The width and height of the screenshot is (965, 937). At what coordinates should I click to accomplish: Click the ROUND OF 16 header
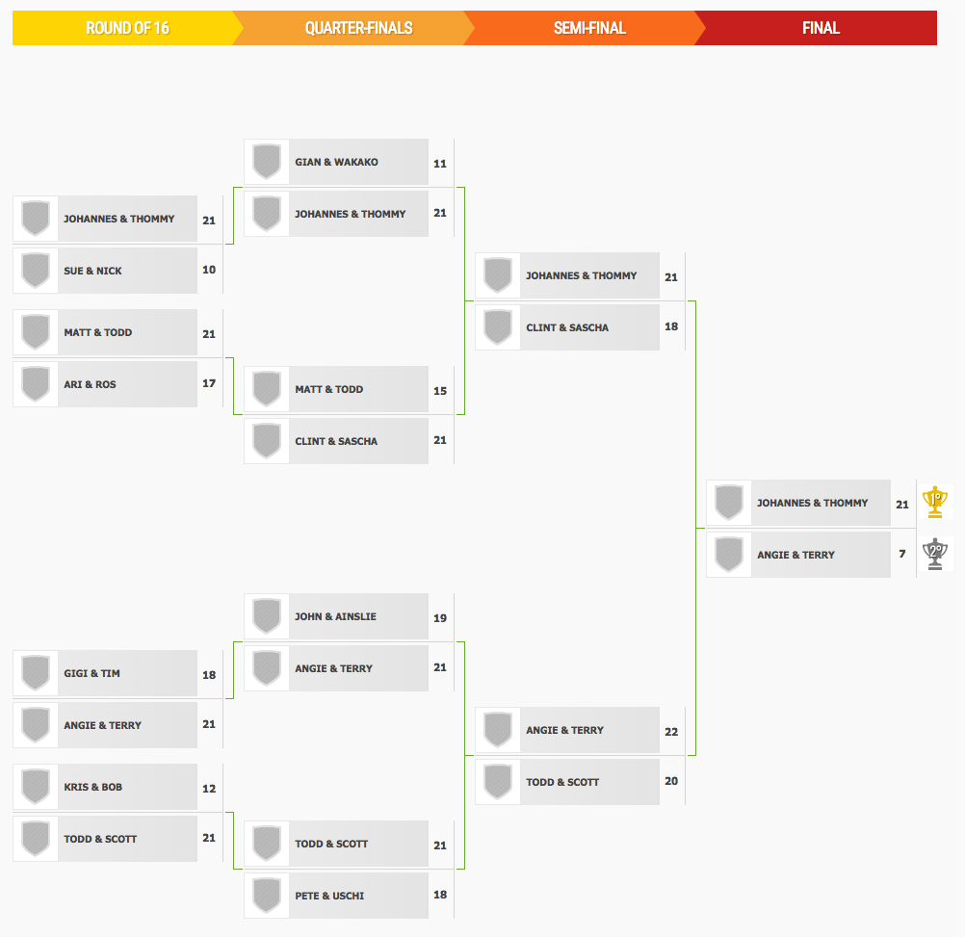point(127,28)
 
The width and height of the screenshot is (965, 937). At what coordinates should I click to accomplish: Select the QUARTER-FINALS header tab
point(359,28)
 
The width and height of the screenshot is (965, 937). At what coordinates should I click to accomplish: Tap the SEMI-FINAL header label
point(589,28)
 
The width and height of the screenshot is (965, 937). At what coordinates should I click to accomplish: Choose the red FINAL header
point(821,28)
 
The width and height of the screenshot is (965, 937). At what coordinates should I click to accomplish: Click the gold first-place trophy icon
point(935,502)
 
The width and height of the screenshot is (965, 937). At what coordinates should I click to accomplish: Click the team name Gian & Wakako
point(337,162)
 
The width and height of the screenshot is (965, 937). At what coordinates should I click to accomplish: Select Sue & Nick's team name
point(92,271)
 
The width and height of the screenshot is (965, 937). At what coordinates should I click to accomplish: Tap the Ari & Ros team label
point(90,384)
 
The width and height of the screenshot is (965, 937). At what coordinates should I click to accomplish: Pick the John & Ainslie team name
point(335,616)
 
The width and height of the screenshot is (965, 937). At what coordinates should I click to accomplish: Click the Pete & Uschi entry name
point(329,896)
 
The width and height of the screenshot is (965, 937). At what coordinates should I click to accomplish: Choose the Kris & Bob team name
point(92,787)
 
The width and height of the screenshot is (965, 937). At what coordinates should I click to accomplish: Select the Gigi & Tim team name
point(91,673)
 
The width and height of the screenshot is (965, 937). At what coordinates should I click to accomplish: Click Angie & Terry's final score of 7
point(902,554)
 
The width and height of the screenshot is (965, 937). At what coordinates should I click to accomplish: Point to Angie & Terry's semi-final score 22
point(671,732)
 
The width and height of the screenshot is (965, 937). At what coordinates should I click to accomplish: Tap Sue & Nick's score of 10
point(209,270)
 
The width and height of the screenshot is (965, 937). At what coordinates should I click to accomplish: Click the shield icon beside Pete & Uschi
point(267,896)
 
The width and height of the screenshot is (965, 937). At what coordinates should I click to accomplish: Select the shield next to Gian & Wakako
point(267,162)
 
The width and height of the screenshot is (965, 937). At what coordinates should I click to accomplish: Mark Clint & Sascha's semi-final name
point(567,328)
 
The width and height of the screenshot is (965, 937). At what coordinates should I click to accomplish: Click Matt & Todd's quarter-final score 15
point(440,391)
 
